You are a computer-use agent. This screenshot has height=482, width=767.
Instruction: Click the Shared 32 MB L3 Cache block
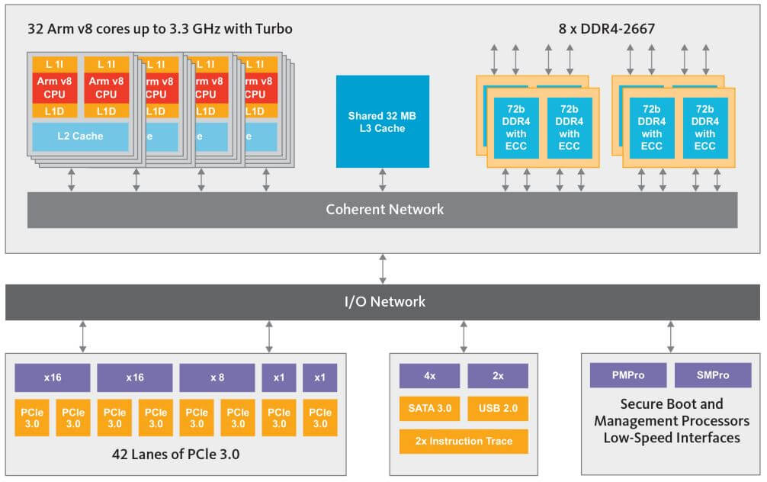(x=382, y=121)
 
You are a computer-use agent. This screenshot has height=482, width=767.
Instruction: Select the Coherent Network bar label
(x=384, y=209)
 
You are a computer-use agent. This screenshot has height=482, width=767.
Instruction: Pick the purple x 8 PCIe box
(x=217, y=378)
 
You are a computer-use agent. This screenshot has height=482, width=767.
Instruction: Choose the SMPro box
(x=713, y=375)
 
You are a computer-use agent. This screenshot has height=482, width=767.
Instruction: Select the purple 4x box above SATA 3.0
(x=429, y=376)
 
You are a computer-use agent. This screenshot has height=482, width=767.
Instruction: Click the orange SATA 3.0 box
(x=429, y=409)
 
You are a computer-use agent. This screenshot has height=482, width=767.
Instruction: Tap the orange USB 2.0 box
(x=497, y=409)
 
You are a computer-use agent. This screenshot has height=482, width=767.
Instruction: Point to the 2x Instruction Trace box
(x=464, y=441)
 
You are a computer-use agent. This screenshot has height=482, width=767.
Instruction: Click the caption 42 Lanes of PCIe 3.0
(x=176, y=455)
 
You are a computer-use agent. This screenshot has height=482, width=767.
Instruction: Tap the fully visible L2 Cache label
(x=80, y=137)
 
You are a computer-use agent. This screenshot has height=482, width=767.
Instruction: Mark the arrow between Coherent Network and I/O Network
(x=383, y=268)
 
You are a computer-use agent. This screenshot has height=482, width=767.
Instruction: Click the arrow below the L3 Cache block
(x=383, y=180)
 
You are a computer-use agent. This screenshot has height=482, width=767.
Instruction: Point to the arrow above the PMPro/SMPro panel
(x=671, y=336)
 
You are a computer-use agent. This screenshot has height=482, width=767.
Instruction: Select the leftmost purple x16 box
(x=53, y=378)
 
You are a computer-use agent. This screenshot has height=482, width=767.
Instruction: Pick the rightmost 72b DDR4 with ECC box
(x=705, y=127)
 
